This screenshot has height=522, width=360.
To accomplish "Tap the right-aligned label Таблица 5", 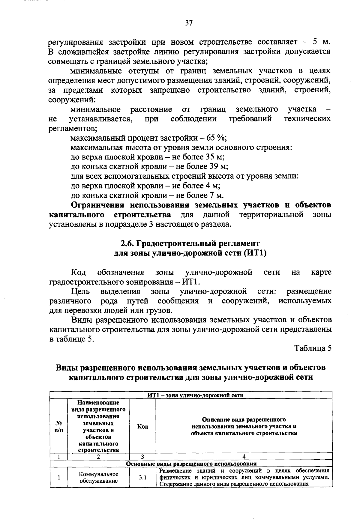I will coord(313,348).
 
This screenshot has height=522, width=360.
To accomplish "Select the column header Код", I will coord(142,426).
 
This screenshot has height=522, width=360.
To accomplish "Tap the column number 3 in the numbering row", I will coord(142,457).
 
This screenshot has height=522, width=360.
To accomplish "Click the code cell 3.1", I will coord(142,478).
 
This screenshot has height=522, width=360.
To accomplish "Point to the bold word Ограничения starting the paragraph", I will coord(97,205).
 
